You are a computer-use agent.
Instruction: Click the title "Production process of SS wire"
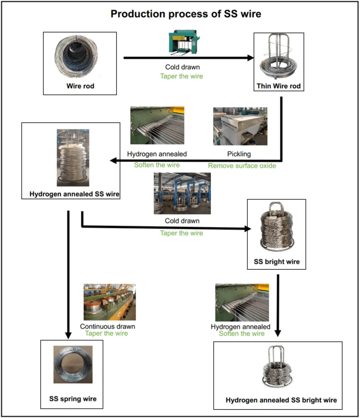point(186,14)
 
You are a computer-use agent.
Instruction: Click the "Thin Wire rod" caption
point(278,86)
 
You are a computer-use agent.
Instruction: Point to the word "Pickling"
point(239,154)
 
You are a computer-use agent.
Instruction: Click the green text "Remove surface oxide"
point(242,166)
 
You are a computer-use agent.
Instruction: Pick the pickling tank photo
point(240,127)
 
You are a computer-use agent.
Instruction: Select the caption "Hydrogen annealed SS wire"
point(75,194)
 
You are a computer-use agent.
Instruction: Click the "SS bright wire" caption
point(276,262)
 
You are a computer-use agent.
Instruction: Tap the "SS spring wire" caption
point(73,399)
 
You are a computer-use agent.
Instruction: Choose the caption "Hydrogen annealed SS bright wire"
point(281,400)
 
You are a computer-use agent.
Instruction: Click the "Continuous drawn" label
point(108,326)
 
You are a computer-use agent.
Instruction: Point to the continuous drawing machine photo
point(110,302)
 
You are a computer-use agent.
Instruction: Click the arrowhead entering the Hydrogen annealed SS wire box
point(114,161)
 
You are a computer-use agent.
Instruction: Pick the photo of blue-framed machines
point(182,193)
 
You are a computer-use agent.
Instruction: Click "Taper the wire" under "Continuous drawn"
point(106,333)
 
